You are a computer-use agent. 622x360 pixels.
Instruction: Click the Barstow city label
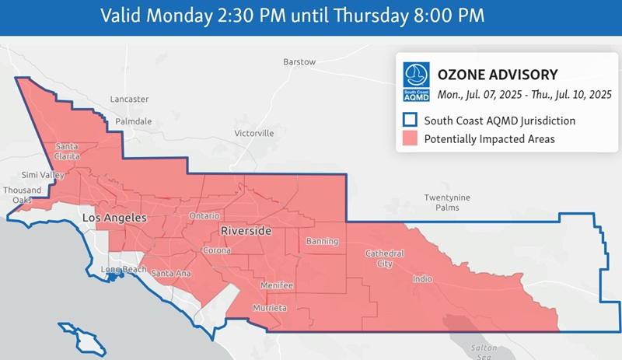pos(299,61)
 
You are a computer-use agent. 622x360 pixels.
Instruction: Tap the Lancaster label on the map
pos(129,100)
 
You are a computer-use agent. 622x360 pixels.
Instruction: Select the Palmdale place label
pos(134,122)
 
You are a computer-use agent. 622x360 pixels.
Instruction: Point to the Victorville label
pos(254,133)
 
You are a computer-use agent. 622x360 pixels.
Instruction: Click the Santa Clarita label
pos(66,151)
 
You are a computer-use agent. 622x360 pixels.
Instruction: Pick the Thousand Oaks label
pos(23,195)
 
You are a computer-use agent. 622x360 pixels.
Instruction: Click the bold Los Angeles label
pos(114,219)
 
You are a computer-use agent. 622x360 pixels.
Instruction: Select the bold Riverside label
pos(246,232)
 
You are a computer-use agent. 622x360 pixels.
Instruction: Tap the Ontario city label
pos(205,215)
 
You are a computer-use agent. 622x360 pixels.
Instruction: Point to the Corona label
pos(217,250)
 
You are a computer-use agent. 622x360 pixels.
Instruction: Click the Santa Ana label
pos(171,273)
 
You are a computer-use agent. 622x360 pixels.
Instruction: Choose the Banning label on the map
pos(322,241)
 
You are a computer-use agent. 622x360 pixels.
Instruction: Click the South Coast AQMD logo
pos(416,82)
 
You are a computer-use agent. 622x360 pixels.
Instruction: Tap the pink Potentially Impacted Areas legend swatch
pos(410,139)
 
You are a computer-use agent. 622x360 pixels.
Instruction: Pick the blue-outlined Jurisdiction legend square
pos(410,121)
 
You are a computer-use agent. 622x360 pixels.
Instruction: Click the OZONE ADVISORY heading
pos(498,75)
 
